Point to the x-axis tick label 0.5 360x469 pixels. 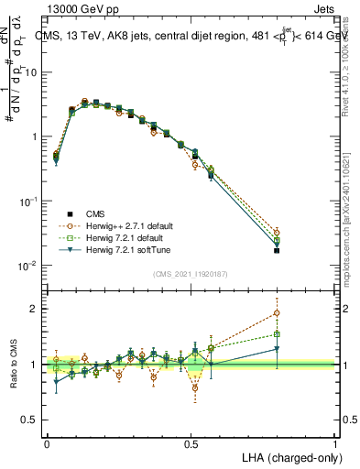[191, 443]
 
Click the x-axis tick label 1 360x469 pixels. [335, 443]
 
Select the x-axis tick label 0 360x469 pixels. [47, 443]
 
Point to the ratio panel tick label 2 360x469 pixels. [34, 309]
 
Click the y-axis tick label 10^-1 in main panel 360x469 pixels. [27, 201]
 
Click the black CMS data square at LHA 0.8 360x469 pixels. [277, 250]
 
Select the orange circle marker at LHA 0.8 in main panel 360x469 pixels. [277, 233]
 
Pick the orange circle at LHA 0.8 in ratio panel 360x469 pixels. [277, 313]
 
